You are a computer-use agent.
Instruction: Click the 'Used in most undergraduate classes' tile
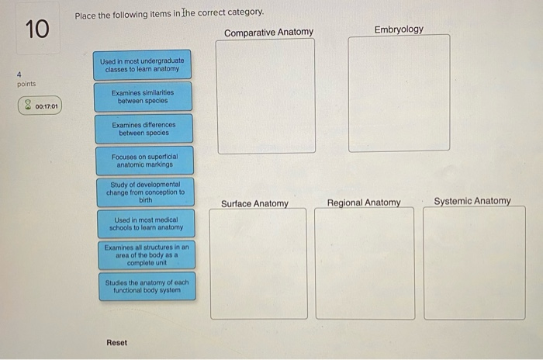[x=142, y=65]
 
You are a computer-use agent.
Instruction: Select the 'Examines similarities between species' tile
[x=143, y=97]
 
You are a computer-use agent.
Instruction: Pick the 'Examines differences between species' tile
[x=144, y=129]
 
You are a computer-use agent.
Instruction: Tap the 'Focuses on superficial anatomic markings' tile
[x=145, y=161]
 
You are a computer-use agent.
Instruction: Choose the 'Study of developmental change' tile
[x=146, y=192]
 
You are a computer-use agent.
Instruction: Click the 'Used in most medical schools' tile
[x=146, y=223]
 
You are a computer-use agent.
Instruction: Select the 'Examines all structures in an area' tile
[x=147, y=255]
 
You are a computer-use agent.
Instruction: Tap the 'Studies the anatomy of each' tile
[x=147, y=286]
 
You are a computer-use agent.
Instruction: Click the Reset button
[x=116, y=343]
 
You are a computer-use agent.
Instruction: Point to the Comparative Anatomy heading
[x=268, y=33]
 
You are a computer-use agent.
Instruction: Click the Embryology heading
[x=399, y=29]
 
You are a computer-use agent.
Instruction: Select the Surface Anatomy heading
[x=255, y=203]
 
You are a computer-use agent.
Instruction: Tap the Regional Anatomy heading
[x=364, y=202]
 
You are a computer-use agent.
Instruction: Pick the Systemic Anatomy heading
[x=472, y=201]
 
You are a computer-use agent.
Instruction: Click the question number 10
[x=37, y=29]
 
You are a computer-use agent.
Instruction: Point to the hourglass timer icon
[x=28, y=105]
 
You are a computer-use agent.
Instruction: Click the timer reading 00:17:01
[x=47, y=106]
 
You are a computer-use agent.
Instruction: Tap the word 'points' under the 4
[x=26, y=84]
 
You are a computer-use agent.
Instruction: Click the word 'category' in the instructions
[x=246, y=12]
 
